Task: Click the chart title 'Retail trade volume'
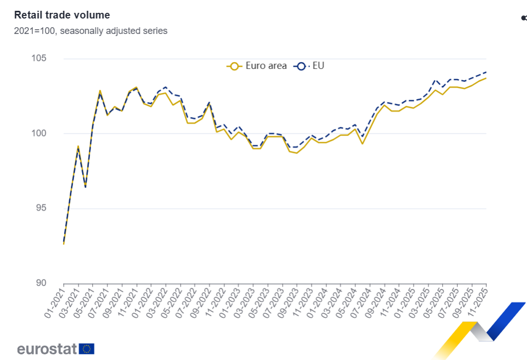click(x=62, y=15)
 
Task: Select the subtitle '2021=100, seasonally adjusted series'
click(x=91, y=31)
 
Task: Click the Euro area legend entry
click(x=257, y=66)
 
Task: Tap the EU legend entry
click(x=309, y=66)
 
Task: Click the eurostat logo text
click(x=47, y=349)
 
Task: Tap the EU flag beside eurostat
click(x=87, y=349)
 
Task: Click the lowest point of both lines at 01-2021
click(x=64, y=243)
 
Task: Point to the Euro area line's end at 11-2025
click(x=486, y=78)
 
